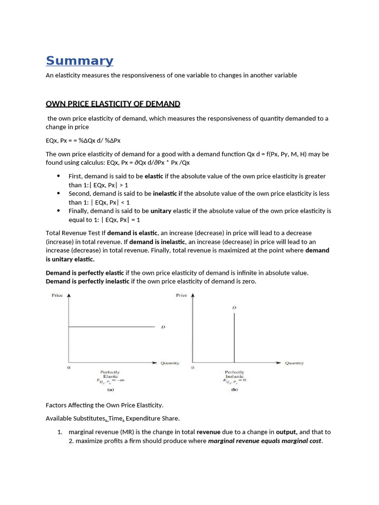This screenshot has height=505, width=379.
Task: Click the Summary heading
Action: [x=79, y=61]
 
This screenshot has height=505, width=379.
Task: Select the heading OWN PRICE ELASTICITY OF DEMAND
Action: [x=113, y=104]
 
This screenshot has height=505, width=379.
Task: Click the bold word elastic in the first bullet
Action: [x=154, y=176]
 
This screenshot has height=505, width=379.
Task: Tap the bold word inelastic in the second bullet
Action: [x=165, y=193]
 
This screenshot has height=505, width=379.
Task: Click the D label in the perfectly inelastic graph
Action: [x=234, y=308]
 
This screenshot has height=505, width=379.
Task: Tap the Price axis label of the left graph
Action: [x=57, y=295]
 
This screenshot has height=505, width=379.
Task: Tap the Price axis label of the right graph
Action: [x=181, y=295]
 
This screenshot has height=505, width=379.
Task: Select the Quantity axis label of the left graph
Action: [x=170, y=363]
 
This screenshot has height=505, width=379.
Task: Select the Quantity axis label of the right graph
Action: [x=294, y=363]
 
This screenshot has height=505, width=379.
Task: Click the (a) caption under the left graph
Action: [x=111, y=389]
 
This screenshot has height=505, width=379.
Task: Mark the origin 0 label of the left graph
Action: [x=69, y=368]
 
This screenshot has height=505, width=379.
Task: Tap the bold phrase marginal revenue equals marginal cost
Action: [x=265, y=441]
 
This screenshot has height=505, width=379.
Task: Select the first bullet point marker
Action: [x=59, y=176]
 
